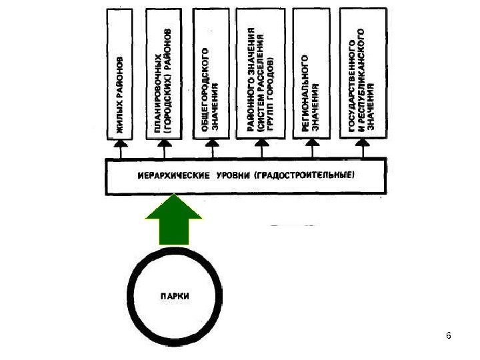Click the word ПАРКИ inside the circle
pyautogui.click(x=174, y=295)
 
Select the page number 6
pyautogui.click(x=449, y=335)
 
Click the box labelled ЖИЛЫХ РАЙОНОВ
pyautogui.click(x=121, y=73)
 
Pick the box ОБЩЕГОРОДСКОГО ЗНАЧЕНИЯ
pyautogui.click(x=210, y=73)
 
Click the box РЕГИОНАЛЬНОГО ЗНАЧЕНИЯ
pyautogui.click(x=311, y=73)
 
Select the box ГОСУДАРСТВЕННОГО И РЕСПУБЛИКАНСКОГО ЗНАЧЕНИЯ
pyautogui.click(x=362, y=73)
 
